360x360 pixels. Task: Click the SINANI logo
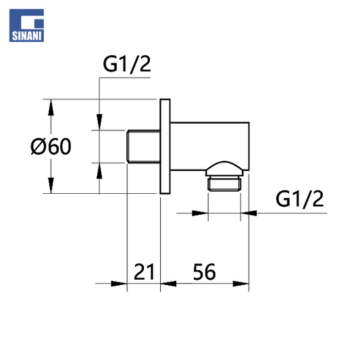tap(26, 26)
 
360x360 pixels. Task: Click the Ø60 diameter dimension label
tap(51, 147)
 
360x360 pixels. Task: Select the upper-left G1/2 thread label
tap(127, 64)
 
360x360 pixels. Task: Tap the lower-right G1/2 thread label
tap(300, 199)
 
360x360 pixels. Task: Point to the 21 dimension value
tap(144, 272)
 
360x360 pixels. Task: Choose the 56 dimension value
tap(205, 272)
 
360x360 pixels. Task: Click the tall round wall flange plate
tap(165, 147)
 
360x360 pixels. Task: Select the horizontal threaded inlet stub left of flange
tap(143, 147)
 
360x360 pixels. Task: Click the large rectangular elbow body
tap(209, 147)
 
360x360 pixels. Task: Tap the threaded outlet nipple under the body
tap(224, 184)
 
